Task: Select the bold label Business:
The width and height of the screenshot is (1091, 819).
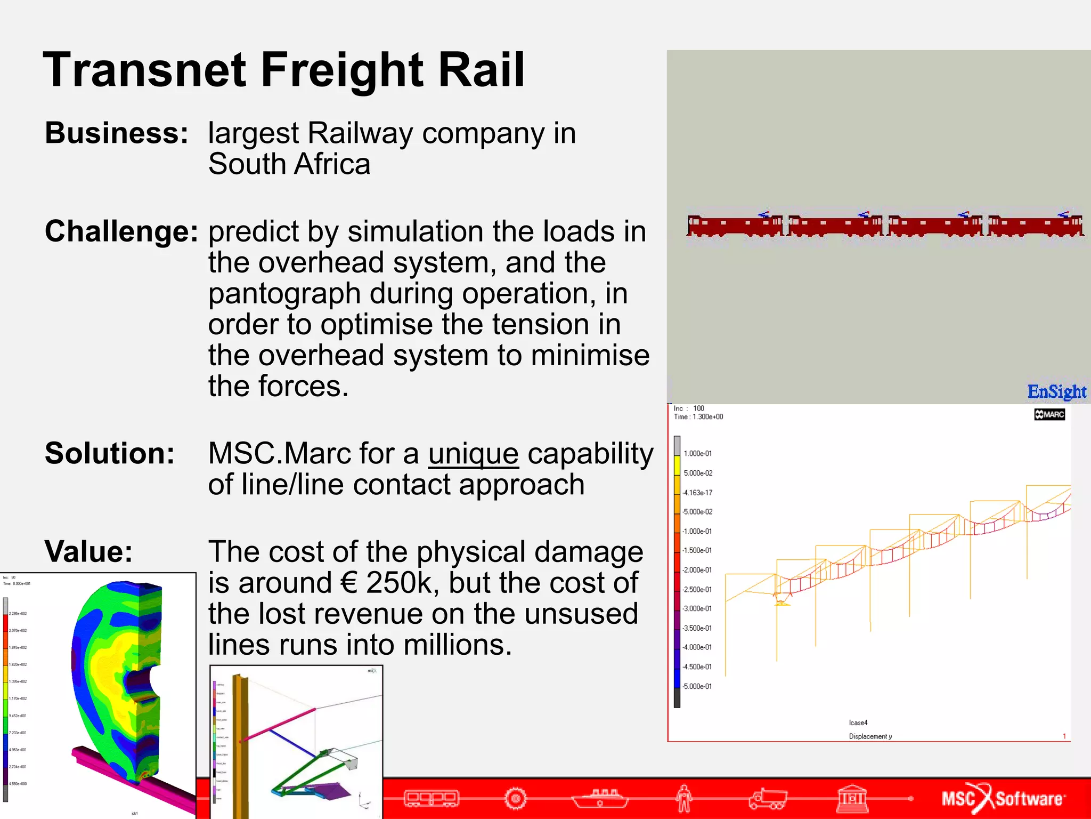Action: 116,133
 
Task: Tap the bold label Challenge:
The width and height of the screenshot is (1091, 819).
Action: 121,231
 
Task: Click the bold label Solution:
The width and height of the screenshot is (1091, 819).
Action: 110,453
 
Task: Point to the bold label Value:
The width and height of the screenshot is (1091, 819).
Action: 88,551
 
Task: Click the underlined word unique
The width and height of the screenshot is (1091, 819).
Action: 473,454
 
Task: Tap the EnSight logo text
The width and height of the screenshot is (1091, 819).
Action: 1056,392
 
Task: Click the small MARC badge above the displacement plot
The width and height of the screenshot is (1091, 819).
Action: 1049,414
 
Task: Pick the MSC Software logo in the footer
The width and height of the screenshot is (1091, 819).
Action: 1003,798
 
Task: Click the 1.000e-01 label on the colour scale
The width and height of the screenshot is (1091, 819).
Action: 697,454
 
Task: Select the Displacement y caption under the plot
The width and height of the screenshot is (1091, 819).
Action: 869,736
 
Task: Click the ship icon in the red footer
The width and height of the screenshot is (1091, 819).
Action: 600,798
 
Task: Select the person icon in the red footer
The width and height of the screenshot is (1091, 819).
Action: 683,798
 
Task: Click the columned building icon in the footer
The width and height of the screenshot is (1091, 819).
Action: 852,798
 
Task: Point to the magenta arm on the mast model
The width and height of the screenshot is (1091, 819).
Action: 278,725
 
